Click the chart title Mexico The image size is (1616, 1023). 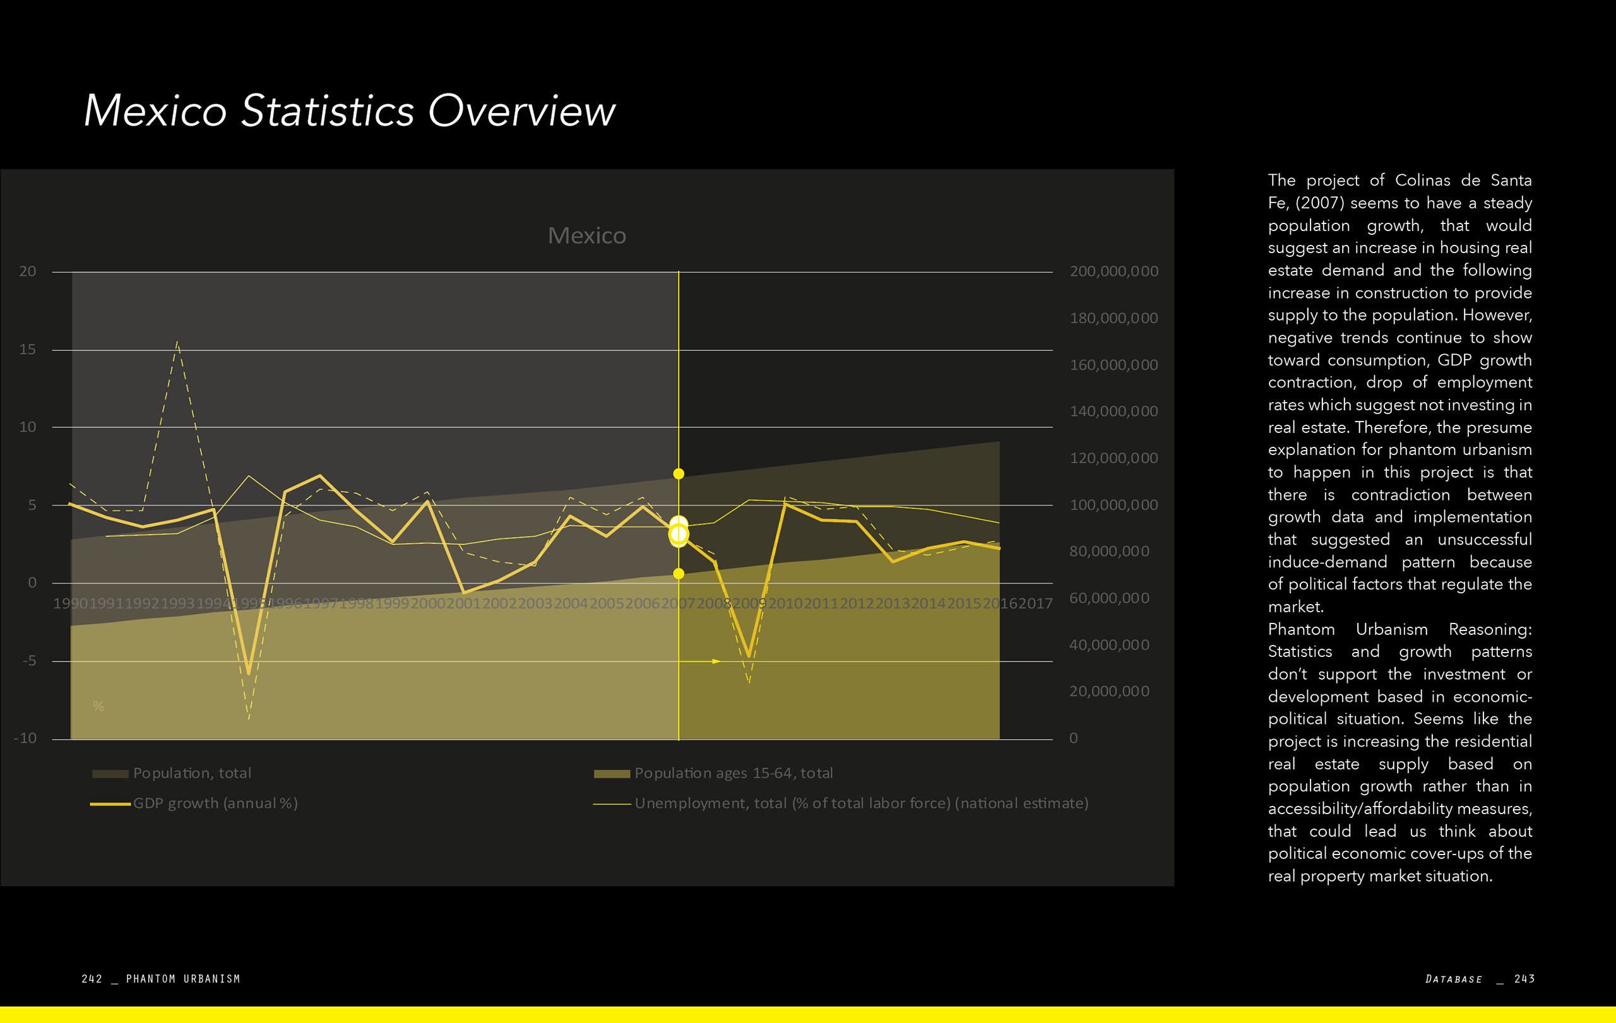pyautogui.click(x=586, y=235)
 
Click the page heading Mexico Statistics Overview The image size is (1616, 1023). pyautogui.click(x=349, y=110)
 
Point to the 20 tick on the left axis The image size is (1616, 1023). pyautogui.click(x=28, y=271)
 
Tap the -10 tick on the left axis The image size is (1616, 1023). pyautogui.click(x=25, y=738)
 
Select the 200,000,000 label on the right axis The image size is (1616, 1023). pyautogui.click(x=1114, y=271)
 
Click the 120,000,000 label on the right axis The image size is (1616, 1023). pyautogui.click(x=1114, y=458)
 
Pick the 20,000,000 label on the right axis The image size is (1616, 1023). pyautogui.click(x=1108, y=692)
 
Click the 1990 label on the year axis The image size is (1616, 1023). pyautogui.click(x=70, y=604)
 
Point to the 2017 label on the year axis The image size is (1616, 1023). pyautogui.click(x=1035, y=604)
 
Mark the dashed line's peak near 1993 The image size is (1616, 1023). pyautogui.click(x=177, y=342)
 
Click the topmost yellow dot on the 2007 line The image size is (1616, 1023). pyautogui.click(x=679, y=473)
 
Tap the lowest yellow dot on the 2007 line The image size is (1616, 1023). pyautogui.click(x=679, y=574)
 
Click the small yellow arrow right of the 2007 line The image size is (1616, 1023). pyautogui.click(x=716, y=661)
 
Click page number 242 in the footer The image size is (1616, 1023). pyautogui.click(x=92, y=979)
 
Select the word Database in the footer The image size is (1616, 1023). pyautogui.click(x=1454, y=979)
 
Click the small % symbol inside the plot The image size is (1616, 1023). pyautogui.click(x=98, y=706)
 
